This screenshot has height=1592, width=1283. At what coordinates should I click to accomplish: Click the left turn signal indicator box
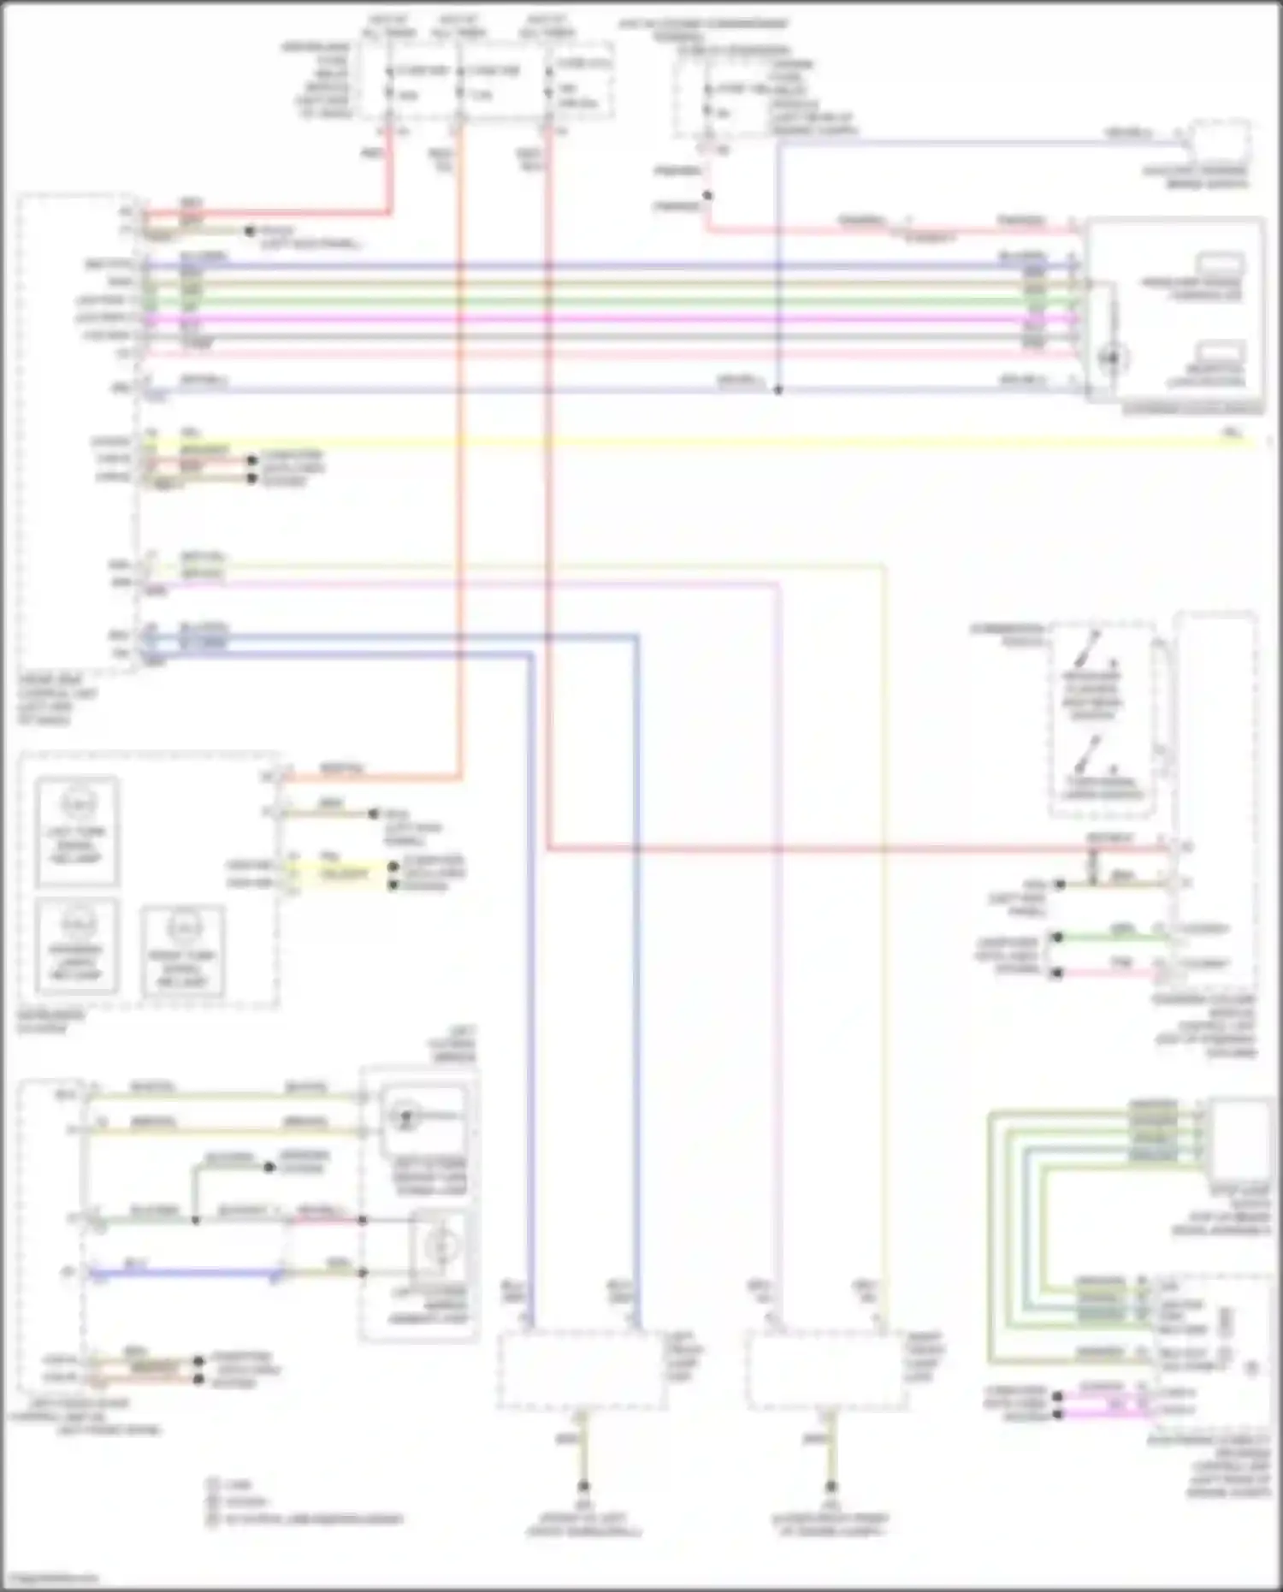(x=77, y=831)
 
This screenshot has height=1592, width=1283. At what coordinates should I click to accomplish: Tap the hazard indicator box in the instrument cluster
(x=77, y=945)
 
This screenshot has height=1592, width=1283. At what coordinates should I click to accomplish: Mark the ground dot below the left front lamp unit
(x=583, y=1487)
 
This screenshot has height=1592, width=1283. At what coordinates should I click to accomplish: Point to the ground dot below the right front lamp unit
(x=830, y=1487)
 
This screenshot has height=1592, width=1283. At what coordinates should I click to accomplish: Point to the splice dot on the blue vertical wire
(x=778, y=390)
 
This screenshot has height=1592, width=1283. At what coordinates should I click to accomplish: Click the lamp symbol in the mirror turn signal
(x=407, y=1116)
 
